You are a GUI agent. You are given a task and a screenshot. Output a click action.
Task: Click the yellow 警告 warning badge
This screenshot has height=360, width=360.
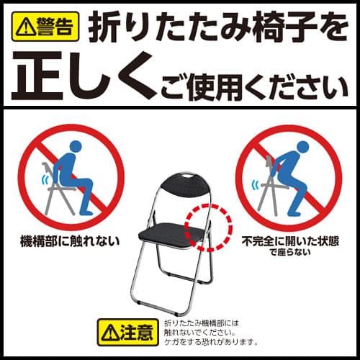point(45,27)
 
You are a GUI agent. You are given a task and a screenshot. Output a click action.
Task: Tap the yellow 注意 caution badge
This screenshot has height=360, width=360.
point(128,332)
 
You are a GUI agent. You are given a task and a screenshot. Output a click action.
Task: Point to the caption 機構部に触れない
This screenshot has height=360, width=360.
point(70,241)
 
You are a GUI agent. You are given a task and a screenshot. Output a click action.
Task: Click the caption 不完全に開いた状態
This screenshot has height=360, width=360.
point(290,241)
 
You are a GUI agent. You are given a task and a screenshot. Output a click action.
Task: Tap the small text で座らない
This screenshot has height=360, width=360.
point(290,252)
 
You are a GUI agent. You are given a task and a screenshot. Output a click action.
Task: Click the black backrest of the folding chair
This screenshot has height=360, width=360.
point(185,184)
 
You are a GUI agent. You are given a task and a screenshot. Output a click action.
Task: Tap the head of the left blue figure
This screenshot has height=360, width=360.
point(76,146)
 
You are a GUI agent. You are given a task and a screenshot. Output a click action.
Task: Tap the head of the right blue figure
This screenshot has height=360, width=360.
point(302,147)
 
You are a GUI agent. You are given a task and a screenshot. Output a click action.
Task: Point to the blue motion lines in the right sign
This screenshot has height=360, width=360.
point(256,184)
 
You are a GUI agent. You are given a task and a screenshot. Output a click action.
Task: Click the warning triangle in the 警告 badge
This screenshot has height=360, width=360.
point(24,27)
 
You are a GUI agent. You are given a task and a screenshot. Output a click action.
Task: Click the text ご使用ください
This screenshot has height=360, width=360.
point(254,89)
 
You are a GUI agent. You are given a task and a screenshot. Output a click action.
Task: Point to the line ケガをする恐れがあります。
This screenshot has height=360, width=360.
point(211,342)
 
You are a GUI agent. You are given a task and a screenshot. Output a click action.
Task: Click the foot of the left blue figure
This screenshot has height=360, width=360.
point(86,212)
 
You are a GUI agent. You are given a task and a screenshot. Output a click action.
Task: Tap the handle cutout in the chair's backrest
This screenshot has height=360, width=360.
point(187,176)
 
